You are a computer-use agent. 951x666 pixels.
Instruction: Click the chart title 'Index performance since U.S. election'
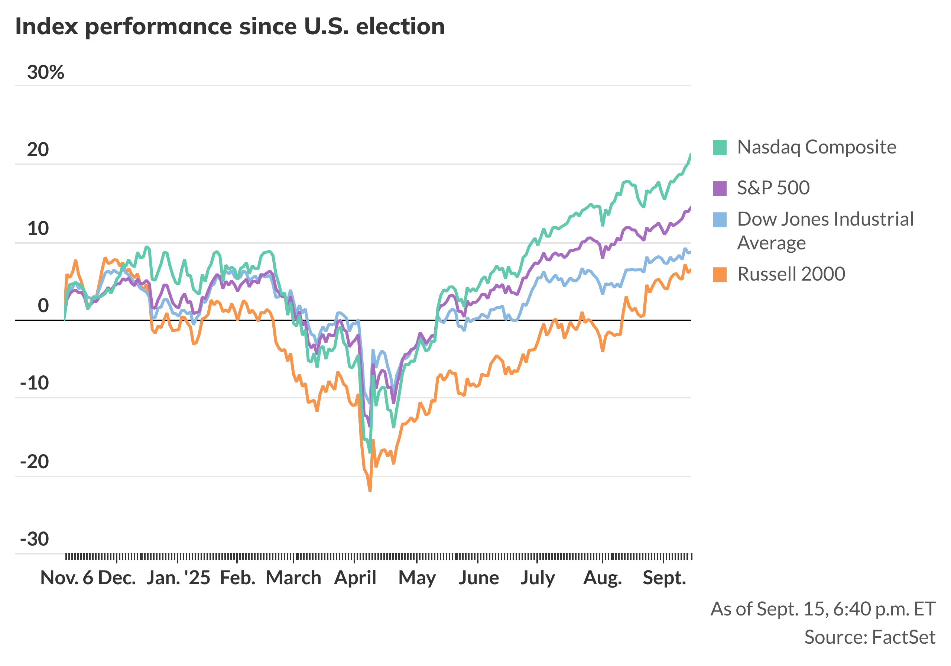click(230, 26)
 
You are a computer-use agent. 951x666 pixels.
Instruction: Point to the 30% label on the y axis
click(46, 72)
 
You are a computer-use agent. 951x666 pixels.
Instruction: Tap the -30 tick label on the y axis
click(35, 539)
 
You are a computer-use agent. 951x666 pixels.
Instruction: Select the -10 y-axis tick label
click(35, 382)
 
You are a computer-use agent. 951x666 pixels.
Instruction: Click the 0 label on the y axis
click(43, 305)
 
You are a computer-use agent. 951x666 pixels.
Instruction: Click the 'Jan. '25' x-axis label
click(178, 577)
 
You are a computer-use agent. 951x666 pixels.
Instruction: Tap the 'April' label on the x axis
click(355, 577)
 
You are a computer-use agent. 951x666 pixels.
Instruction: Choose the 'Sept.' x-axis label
click(664, 577)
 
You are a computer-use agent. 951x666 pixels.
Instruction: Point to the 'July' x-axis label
click(538, 577)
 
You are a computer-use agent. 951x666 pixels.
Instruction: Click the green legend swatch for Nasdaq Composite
click(720, 148)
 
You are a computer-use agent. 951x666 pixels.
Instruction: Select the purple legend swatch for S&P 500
click(720, 188)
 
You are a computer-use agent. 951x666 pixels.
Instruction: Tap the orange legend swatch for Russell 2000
click(720, 274)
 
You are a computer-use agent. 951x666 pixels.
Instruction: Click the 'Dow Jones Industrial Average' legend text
click(825, 230)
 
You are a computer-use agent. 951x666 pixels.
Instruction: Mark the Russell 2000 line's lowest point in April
click(370, 491)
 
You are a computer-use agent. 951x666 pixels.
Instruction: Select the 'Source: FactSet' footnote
click(869, 637)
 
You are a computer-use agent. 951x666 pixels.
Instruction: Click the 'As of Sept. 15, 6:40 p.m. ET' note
click(822, 609)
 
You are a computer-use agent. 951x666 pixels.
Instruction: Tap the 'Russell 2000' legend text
click(791, 274)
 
